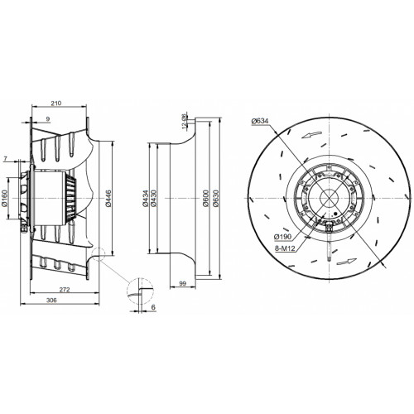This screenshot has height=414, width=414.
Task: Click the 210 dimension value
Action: tap(56, 103)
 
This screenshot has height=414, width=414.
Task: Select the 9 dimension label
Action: tap(48, 119)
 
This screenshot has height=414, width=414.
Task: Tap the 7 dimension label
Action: tap(5, 159)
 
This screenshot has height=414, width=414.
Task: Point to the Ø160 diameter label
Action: tap(5, 198)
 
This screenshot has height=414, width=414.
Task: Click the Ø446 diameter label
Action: tap(108, 198)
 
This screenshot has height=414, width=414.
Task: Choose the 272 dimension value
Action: tap(65, 290)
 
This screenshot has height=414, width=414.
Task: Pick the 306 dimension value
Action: tap(51, 300)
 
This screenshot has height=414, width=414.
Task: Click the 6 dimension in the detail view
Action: tap(153, 307)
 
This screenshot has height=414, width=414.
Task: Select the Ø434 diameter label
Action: tap(145, 198)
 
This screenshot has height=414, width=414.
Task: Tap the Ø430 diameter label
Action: tap(154, 198)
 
